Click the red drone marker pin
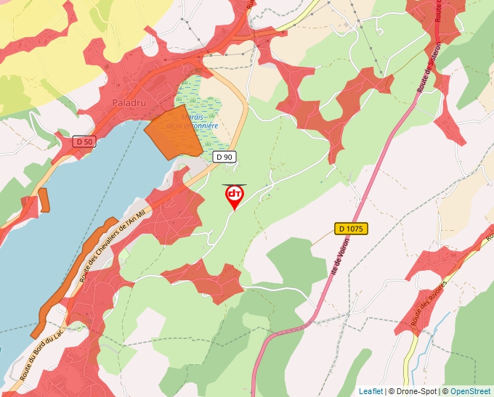point(235,196)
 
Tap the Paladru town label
point(130,103)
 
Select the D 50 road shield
point(84,142)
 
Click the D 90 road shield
point(224,157)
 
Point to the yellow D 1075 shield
point(351,229)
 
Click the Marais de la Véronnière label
point(193,120)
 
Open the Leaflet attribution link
point(370,391)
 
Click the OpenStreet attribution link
point(471,391)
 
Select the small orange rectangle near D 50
point(44,200)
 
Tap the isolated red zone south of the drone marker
point(207,279)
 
